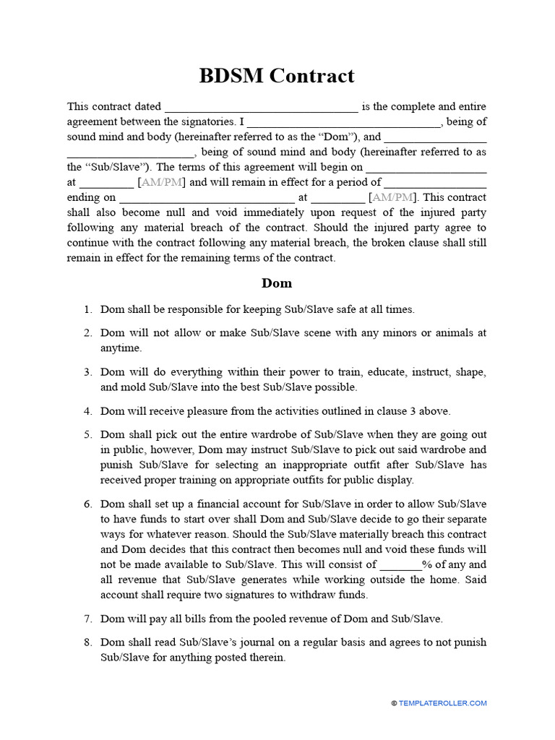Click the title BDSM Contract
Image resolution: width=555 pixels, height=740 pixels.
click(277, 76)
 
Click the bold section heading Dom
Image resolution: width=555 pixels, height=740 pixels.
click(277, 283)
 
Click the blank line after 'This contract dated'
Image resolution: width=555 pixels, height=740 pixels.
click(261, 108)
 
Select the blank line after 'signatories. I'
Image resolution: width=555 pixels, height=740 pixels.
click(344, 123)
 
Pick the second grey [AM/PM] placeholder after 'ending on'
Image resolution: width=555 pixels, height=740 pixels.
click(392, 198)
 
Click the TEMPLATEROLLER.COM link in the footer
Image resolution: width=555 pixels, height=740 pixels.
click(443, 702)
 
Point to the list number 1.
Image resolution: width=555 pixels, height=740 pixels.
click(87, 310)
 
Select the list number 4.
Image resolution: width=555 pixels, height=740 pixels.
click(87, 411)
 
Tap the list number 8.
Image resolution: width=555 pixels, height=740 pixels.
click(87, 642)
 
